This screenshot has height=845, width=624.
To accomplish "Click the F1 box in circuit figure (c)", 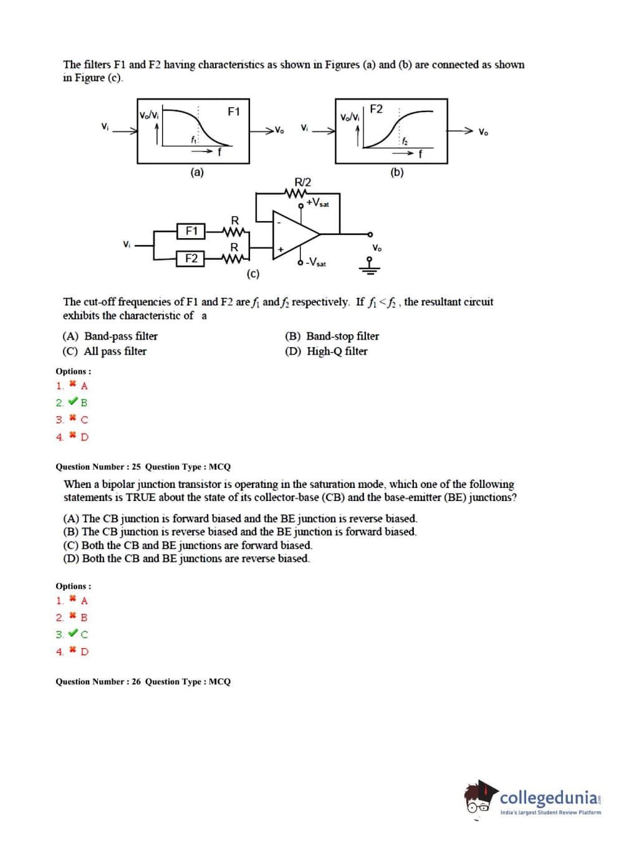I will (191, 231).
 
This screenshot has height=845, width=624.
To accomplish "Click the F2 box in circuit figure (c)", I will (191, 258).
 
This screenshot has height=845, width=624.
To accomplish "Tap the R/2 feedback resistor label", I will (302, 182).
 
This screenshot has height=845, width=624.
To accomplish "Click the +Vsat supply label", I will (318, 203).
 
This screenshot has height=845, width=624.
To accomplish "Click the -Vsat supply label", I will (315, 262).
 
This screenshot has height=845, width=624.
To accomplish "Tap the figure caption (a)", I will (197, 173).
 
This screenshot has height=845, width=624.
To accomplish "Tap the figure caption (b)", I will (397, 173).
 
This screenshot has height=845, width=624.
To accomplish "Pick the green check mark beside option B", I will (73, 402).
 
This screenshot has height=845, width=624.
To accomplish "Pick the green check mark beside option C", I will (73, 634).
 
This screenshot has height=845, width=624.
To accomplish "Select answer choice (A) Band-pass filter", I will (110, 337).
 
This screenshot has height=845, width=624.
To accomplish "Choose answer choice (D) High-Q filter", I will (327, 351).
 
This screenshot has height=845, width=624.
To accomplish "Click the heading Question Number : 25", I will (98, 467).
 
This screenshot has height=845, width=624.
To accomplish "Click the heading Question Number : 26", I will (98, 682).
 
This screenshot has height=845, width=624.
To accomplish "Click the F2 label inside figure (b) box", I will (376, 109).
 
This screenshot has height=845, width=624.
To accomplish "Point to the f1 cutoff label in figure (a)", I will (194, 140).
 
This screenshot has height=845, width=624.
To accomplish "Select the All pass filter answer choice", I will (105, 351).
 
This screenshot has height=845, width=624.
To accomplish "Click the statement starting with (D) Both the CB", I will (186, 559).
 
